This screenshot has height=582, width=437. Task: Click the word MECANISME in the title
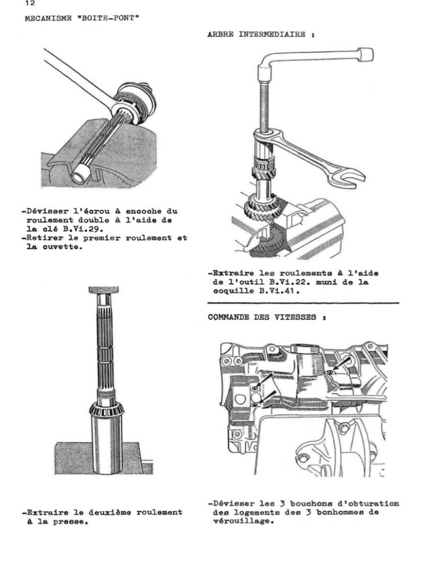(x=46, y=18)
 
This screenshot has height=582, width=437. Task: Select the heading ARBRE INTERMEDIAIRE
(x=258, y=35)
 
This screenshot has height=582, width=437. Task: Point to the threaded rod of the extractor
(x=265, y=108)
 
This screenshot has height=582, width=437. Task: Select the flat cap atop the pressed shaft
(x=103, y=290)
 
